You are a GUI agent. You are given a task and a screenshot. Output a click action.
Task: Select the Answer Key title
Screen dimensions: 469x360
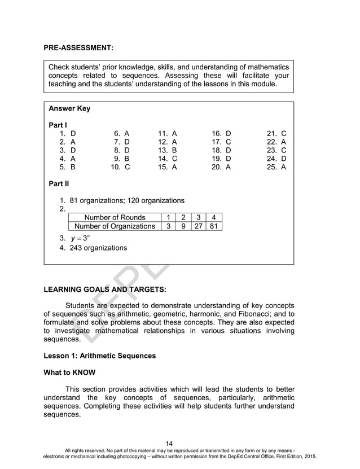[x=69, y=108]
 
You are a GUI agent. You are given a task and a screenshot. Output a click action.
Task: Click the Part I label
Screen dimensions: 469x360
[x=58, y=124]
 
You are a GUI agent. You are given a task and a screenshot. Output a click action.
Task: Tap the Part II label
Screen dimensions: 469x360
[x=59, y=183]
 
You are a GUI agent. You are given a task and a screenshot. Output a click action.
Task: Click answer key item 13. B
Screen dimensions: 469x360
[x=167, y=151]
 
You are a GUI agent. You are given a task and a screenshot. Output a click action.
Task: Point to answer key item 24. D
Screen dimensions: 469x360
[x=276, y=159]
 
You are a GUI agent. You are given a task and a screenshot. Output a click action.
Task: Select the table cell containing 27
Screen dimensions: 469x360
[x=197, y=226]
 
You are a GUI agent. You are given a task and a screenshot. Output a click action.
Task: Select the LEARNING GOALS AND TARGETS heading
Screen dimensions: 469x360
[x=104, y=290]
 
